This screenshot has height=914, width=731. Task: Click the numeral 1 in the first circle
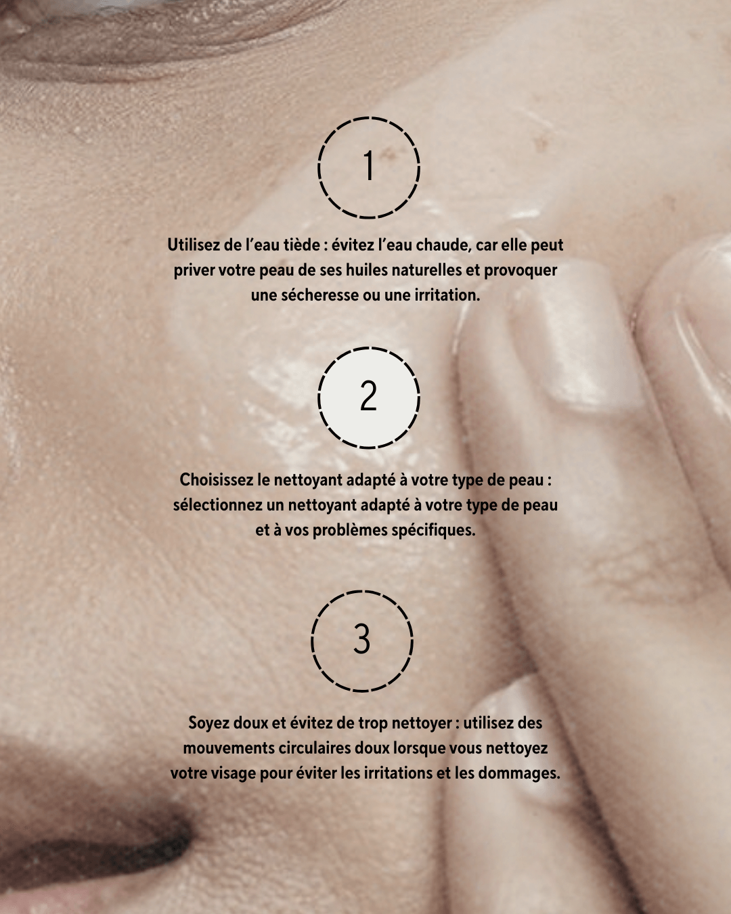369,166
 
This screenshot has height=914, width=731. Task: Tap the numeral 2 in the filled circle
368,395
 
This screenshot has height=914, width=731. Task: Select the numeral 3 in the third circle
361,638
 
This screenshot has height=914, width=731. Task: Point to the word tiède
303,245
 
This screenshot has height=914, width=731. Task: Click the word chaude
443,246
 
